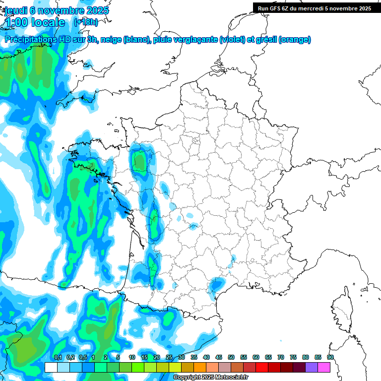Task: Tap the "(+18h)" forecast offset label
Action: pyautogui.click(x=86, y=22)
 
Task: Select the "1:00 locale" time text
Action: pyautogui.click(x=35, y=22)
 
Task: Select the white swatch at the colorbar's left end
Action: pyautogui.click(x=51, y=367)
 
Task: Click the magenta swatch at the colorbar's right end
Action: pyautogui.click(x=324, y=367)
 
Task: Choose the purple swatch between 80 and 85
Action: pyautogui.click(x=312, y=367)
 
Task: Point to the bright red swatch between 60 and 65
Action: pyautogui.click(x=262, y=367)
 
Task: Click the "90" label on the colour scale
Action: pyautogui.click(x=330, y=357)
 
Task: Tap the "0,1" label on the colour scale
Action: pyautogui.click(x=58, y=357)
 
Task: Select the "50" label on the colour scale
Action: pyautogui.click(x=231, y=357)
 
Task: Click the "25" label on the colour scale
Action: pyautogui.click(x=169, y=357)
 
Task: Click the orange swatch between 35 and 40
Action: pyautogui.click(x=200, y=367)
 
